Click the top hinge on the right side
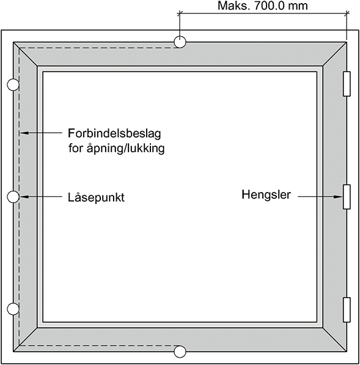[347, 84]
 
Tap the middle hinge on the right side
[347, 197]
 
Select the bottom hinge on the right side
[347, 310]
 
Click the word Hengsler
[266, 194]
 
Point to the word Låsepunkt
[96, 197]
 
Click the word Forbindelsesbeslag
[114, 133]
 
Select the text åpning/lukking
[126, 148]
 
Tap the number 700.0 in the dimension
[270, 6]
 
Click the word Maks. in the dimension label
[234, 6]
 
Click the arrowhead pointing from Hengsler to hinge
[339, 197]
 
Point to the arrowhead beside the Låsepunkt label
[24, 197]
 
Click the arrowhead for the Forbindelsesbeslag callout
[24, 133]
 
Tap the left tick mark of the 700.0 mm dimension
[180, 13]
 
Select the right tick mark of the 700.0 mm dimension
[347, 13]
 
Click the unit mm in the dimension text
[298, 6]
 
